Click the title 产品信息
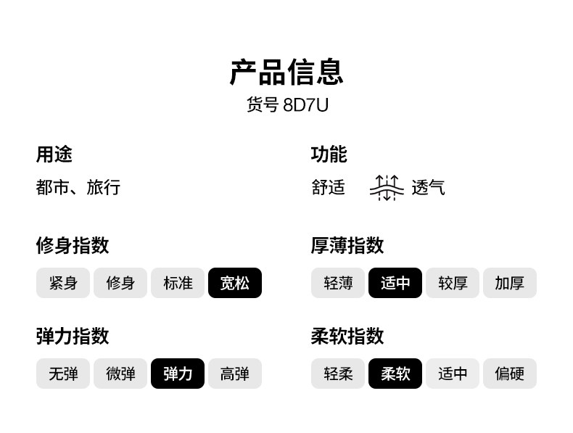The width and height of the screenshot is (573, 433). [286, 72]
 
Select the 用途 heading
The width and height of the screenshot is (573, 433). [54, 154]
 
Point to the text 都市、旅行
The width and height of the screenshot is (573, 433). [78, 187]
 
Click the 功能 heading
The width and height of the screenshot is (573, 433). [329, 154]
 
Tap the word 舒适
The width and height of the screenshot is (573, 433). [329, 187]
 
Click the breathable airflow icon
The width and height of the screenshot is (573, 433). [387, 187]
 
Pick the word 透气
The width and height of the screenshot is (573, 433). [428, 187]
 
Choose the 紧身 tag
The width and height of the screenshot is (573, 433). [63, 283]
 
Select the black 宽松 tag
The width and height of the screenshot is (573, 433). [234, 283]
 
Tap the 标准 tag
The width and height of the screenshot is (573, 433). [178, 283]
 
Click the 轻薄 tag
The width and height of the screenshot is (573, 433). [338, 283]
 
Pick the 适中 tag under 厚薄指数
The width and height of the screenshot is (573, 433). [395, 283]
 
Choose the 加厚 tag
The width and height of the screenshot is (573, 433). [509, 283]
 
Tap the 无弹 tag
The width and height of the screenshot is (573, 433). [63, 374]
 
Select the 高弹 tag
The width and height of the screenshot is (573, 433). [234, 374]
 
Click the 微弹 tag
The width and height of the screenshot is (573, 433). [120, 374]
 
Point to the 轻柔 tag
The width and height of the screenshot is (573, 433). [338, 374]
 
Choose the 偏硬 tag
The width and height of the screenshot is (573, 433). [509, 374]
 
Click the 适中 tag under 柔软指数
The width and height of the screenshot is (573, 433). [453, 374]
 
